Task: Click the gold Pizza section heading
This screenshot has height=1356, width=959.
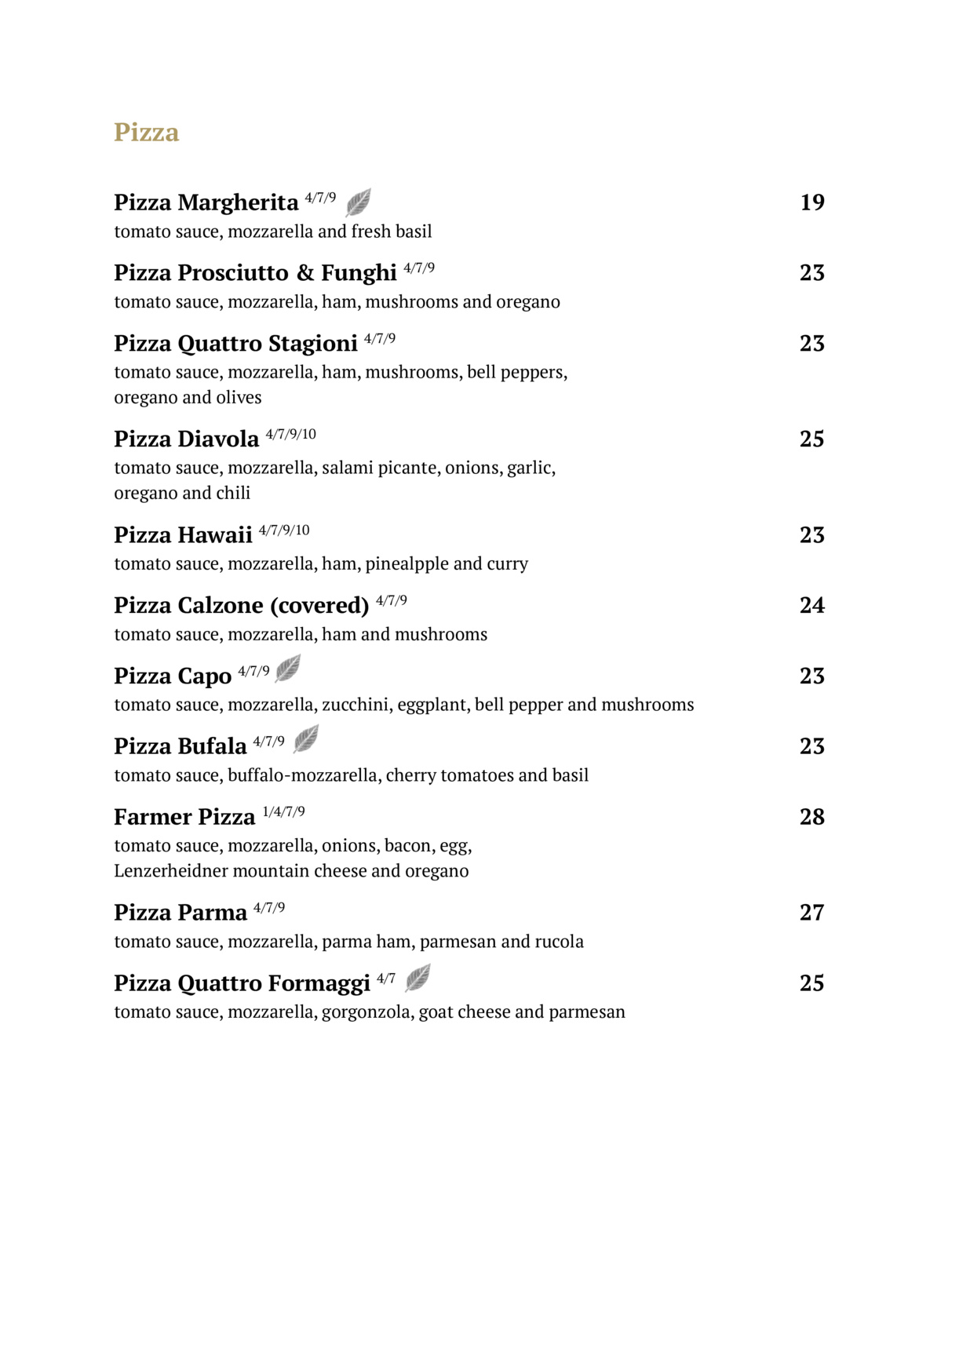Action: (x=146, y=132)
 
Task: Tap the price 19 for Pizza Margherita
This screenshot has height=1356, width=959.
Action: (x=812, y=202)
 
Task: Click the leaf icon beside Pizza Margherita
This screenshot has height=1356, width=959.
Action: (x=359, y=202)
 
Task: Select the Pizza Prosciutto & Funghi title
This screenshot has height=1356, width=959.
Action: (x=255, y=273)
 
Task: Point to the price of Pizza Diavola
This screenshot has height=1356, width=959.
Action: (x=812, y=439)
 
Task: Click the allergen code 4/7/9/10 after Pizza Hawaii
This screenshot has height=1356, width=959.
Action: (x=284, y=530)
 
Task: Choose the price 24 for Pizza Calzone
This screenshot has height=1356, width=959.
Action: (x=812, y=606)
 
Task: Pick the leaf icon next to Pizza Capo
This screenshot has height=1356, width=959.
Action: (x=288, y=669)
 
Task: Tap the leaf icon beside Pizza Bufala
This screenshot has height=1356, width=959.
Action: (x=306, y=738)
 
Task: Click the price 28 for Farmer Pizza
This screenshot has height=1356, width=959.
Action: (x=812, y=817)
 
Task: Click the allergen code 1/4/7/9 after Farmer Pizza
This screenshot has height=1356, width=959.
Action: (x=283, y=812)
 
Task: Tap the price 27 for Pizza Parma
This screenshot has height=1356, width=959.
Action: (x=812, y=913)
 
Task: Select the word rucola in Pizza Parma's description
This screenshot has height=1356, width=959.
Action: (x=559, y=942)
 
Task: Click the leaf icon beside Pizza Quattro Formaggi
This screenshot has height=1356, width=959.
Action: (x=418, y=978)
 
